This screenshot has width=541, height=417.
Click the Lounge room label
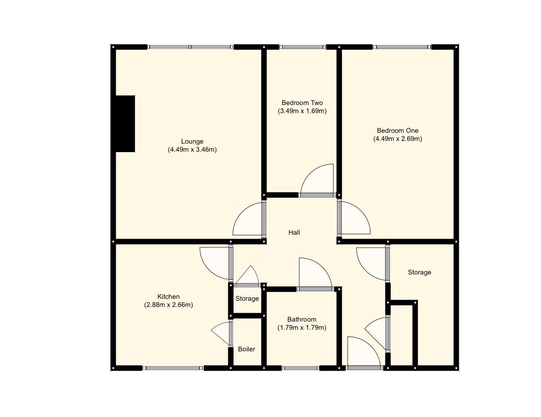[192, 141]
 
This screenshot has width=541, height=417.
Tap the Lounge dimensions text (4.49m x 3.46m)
[192, 150]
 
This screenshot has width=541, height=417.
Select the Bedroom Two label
[302, 103]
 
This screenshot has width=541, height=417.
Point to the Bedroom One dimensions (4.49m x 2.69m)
[397, 139]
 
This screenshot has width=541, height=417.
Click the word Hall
[294, 232]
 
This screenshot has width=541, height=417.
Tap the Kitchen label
[168, 297]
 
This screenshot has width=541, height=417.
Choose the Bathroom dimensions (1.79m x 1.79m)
[301, 328]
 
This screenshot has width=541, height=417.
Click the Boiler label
[246, 349]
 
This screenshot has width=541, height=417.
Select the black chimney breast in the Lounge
[125, 124]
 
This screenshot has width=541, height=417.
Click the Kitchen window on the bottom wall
[172, 368]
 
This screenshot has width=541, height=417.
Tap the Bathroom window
[301, 368]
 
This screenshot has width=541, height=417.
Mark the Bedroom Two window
[303, 47]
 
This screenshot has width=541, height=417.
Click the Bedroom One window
[401, 47]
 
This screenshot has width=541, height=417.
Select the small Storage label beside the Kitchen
[247, 298]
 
